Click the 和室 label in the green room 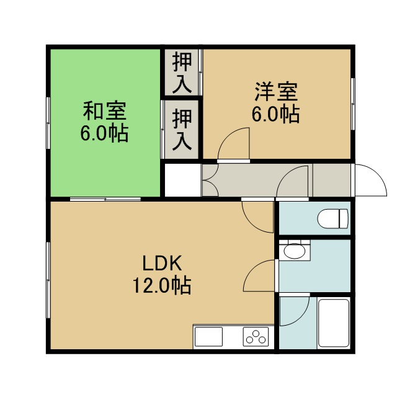point(105,111)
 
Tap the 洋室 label point(276,92)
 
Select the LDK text point(162,264)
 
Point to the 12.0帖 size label point(162,285)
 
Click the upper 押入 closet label point(182,72)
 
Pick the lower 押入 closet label point(182,130)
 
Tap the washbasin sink point(295,251)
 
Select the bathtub point(334,323)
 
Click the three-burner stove point(256,336)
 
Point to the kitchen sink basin point(208,336)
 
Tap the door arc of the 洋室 point(233,144)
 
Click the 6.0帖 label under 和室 point(105,133)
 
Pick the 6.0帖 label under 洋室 point(276,114)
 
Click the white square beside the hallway point(183,180)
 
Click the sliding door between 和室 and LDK point(105,199)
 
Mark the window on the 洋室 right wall point(352,104)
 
